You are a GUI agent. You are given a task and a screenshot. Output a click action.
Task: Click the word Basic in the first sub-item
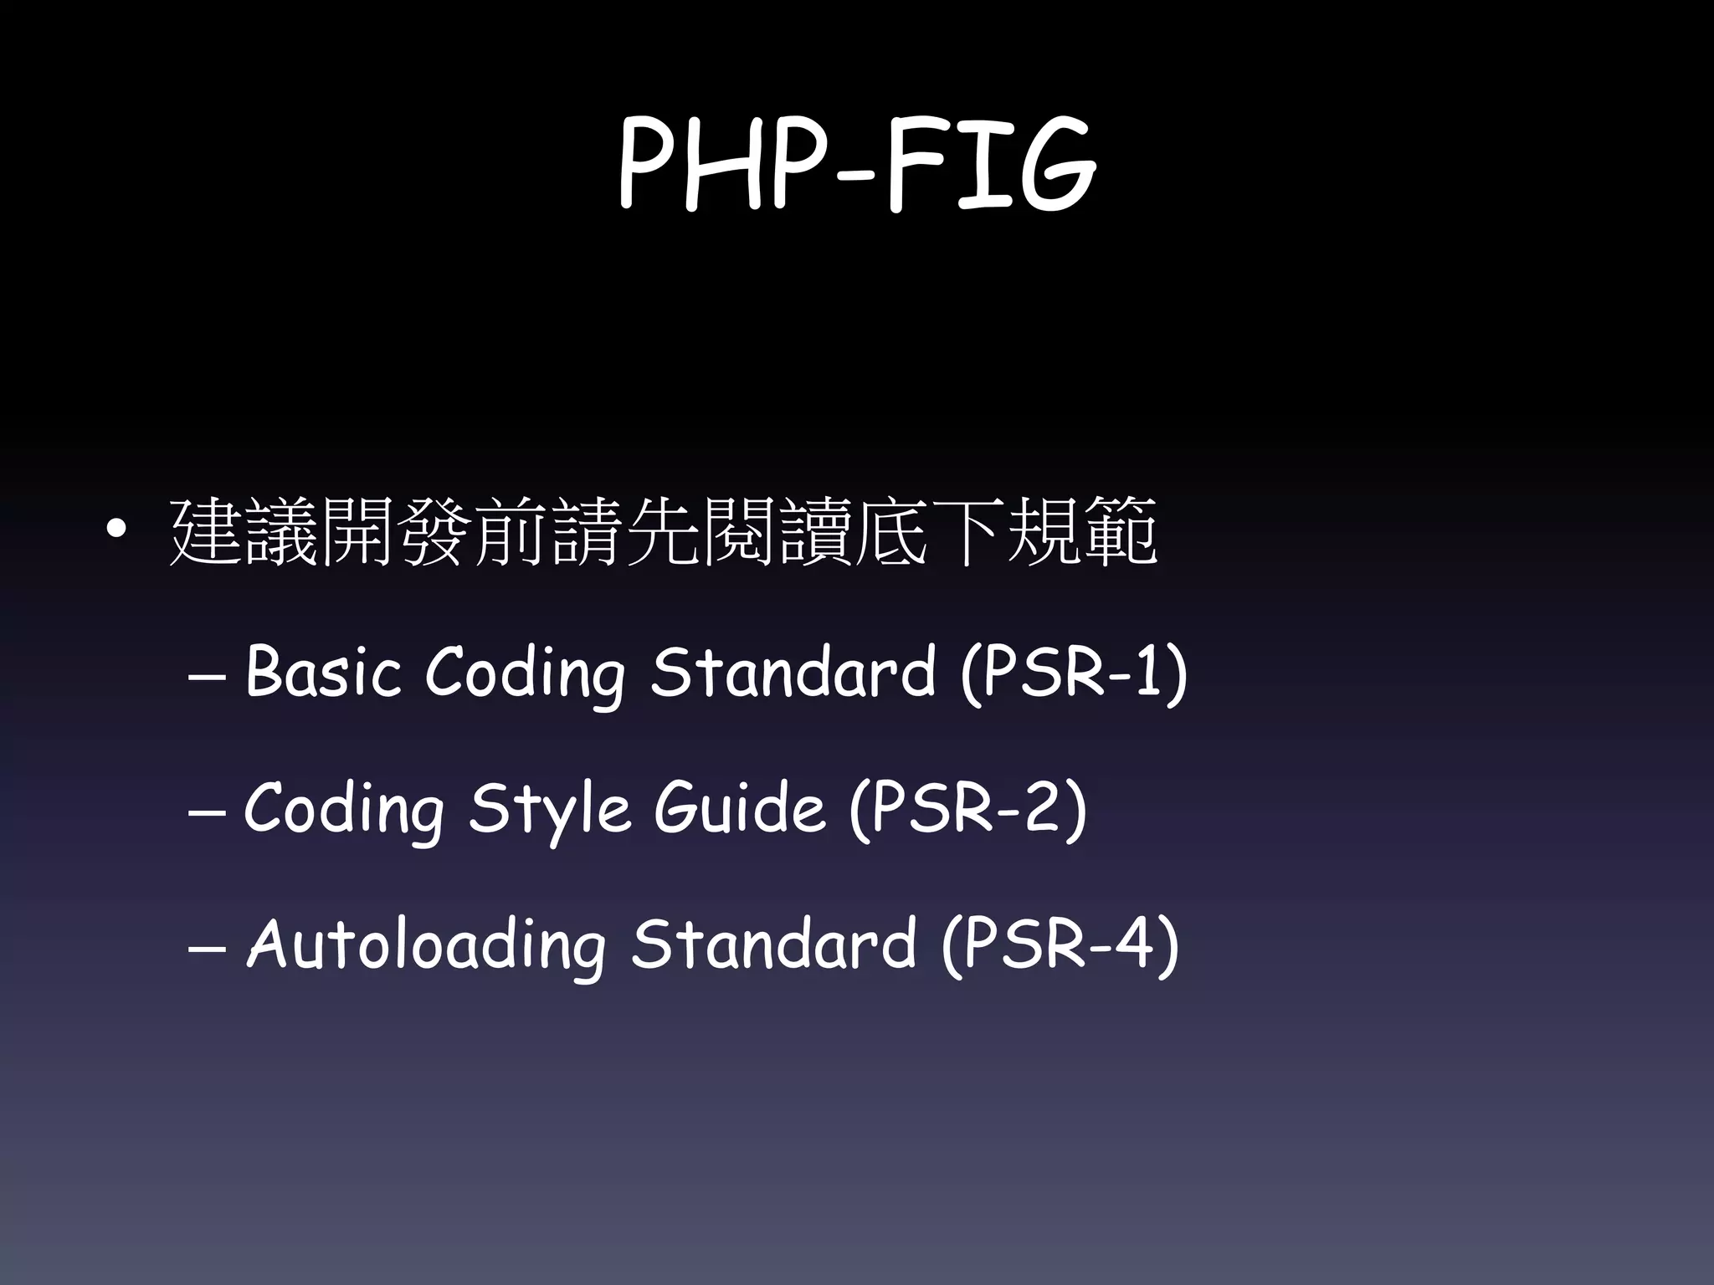pos(323,671)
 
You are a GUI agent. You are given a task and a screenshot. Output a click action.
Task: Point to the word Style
pos(549,810)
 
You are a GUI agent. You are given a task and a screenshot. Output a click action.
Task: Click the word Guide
pos(740,808)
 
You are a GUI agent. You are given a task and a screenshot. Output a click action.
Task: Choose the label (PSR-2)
pos(967,808)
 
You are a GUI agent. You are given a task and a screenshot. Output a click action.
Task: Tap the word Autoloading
pos(426,945)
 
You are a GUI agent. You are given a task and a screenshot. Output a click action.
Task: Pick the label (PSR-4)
pos(1060,945)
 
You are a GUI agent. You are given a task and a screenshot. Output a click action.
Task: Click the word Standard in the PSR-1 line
pos(793,671)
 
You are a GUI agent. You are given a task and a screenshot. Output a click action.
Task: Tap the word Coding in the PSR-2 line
pos(344,810)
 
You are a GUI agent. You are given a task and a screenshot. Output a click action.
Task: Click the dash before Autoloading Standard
pos(206,950)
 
